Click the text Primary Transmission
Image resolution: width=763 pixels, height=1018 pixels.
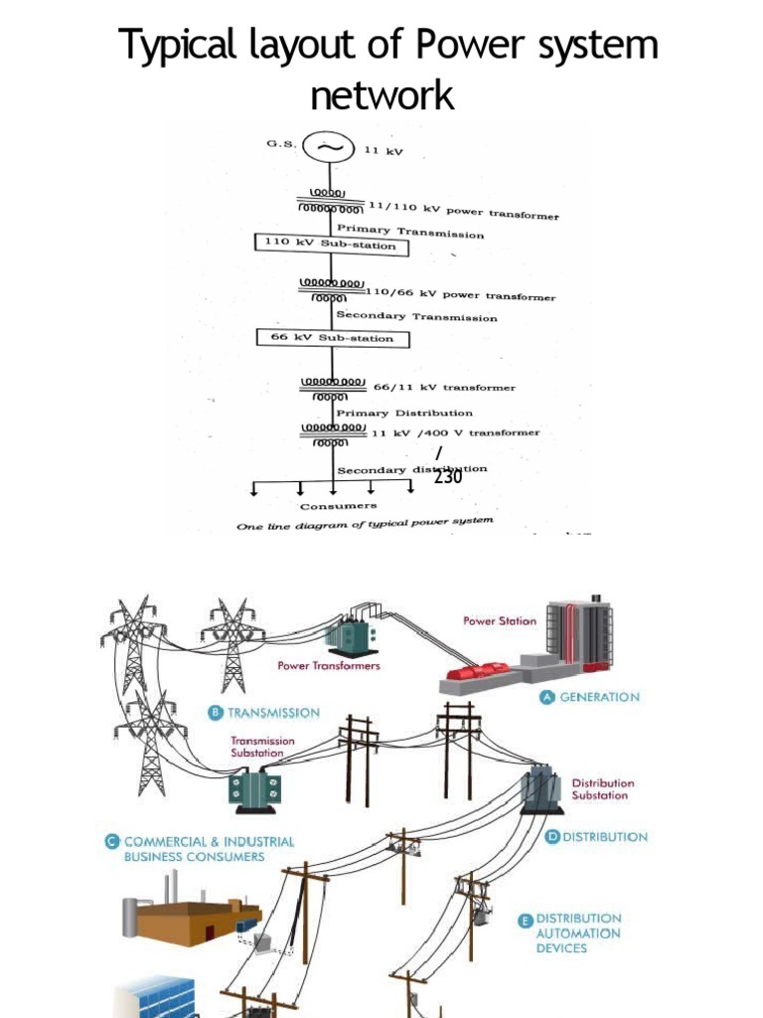[410, 232]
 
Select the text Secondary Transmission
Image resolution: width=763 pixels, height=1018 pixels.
[416, 317]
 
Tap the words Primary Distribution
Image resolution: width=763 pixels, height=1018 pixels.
[404, 412]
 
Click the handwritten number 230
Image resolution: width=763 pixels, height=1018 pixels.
[447, 477]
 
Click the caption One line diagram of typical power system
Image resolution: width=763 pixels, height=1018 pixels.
[364, 524]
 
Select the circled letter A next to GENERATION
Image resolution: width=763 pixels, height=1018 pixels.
[546, 697]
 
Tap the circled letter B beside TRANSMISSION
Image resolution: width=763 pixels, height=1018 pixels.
[215, 713]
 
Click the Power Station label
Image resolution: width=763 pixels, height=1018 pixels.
[500, 620]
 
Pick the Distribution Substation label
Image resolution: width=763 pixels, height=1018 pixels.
[602, 789]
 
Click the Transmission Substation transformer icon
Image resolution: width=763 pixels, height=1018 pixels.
[255, 789]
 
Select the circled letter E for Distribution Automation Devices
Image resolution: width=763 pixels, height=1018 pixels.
[525, 920]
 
